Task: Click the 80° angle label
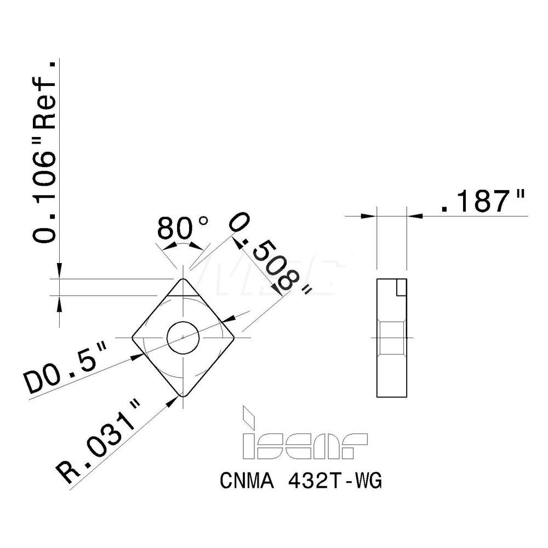[182, 228]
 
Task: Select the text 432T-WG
[334, 482]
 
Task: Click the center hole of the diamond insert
[184, 337]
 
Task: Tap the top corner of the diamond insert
[183, 279]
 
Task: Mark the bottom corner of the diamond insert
[183, 395]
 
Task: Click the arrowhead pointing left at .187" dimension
[416, 216]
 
